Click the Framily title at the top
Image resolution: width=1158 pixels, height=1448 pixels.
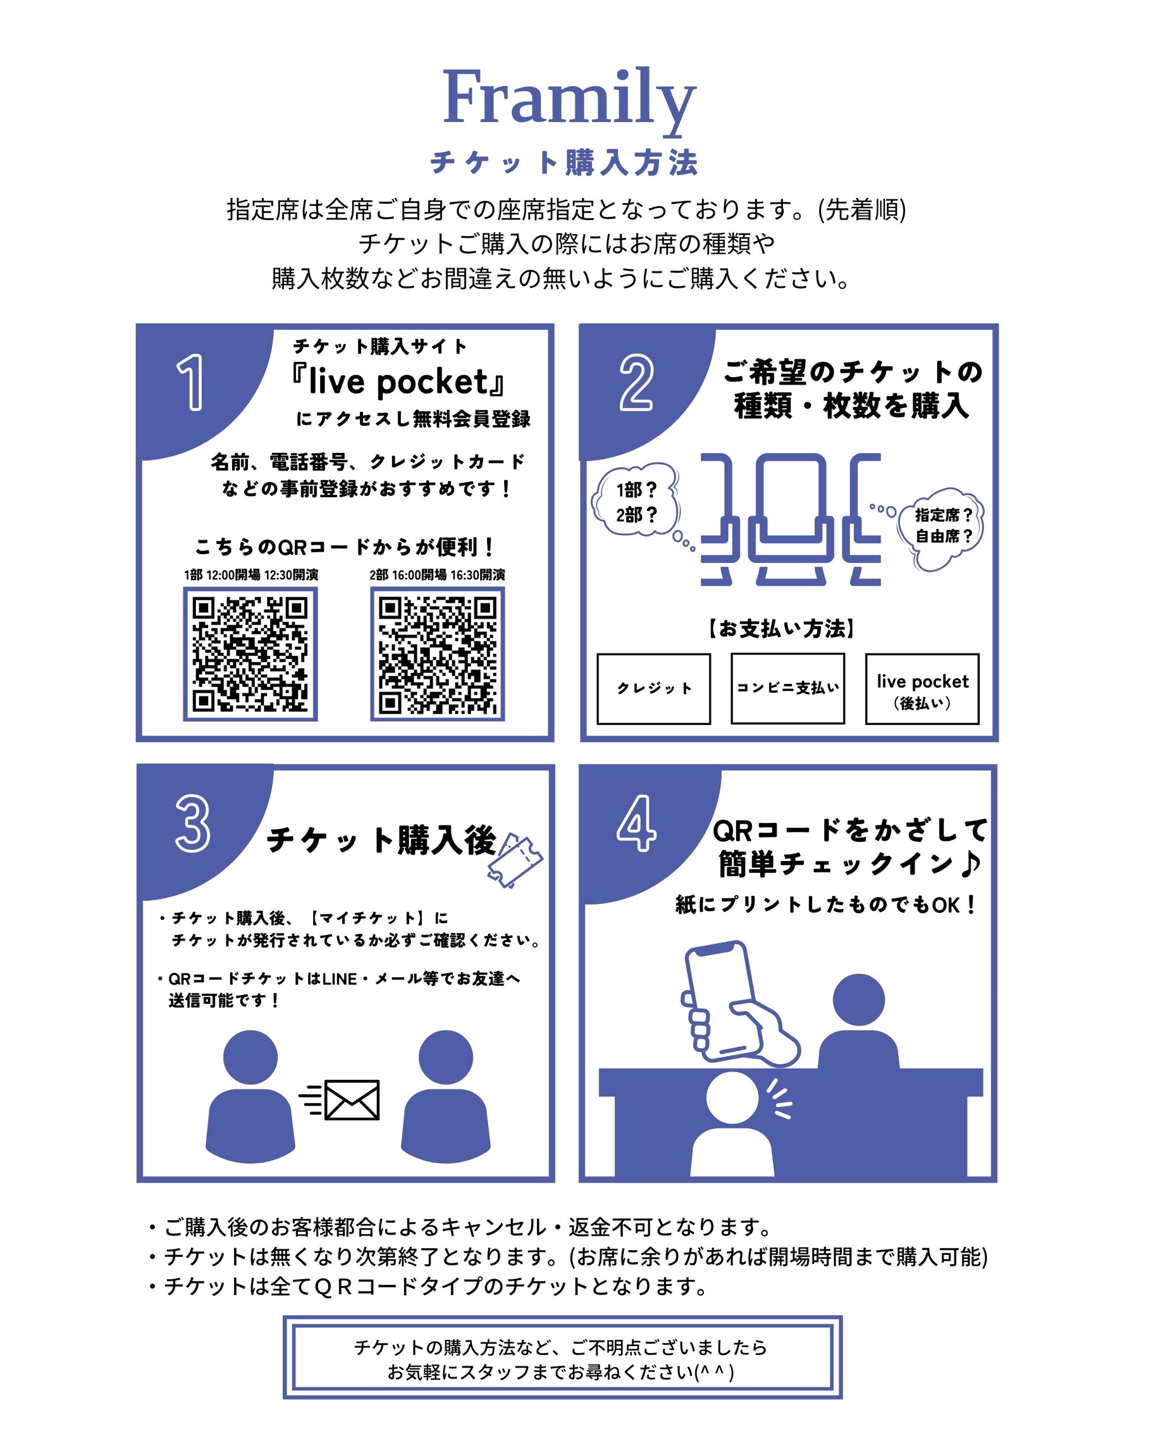[x=569, y=99]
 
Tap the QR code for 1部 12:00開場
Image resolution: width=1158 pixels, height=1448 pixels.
[x=250, y=654]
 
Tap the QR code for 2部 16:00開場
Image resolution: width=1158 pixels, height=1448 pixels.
[x=438, y=654]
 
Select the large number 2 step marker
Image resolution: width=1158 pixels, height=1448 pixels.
[x=636, y=382]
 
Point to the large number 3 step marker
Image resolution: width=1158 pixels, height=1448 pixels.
[x=193, y=824]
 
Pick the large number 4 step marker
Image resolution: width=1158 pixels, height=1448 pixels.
[x=636, y=824]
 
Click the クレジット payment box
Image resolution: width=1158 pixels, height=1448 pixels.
[x=654, y=688]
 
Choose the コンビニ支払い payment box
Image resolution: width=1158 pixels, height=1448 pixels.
[x=787, y=688]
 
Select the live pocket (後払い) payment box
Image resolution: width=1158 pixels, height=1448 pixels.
[x=922, y=688]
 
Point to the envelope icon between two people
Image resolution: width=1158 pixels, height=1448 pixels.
[x=352, y=1100]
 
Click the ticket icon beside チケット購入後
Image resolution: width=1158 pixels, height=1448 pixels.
[x=515, y=860]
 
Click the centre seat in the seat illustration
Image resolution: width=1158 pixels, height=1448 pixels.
[x=791, y=519]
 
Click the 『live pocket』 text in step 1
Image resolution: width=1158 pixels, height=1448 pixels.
[x=397, y=382]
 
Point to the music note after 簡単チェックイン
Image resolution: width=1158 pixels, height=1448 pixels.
[x=970, y=863]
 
